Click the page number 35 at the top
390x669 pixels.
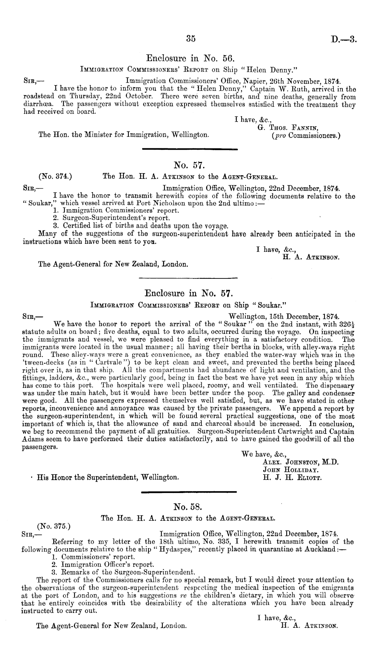(190, 39)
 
